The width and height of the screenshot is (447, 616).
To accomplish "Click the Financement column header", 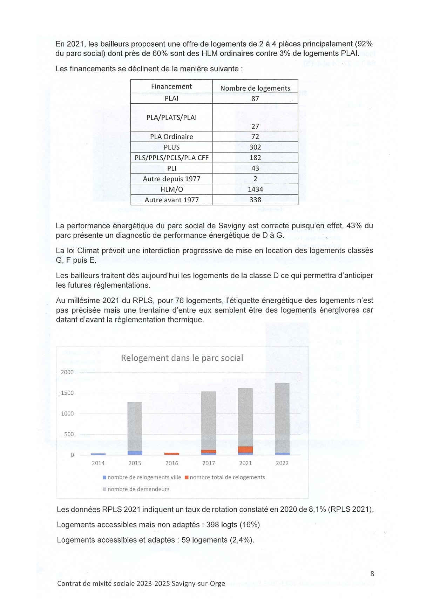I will click(171, 86).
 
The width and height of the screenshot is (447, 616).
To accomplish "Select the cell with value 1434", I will click(255, 189).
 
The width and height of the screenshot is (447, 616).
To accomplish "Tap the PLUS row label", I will click(171, 147).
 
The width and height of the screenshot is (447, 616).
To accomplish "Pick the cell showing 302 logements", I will click(255, 147).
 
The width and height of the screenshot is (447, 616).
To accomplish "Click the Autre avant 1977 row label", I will click(171, 200).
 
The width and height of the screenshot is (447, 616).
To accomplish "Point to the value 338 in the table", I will click(255, 200).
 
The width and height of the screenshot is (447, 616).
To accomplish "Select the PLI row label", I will click(171, 168).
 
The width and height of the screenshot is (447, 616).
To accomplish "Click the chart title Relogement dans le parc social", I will click(182, 358).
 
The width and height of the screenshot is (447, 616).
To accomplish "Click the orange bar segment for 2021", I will click(245, 450).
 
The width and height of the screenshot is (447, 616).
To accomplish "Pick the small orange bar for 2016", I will click(172, 454).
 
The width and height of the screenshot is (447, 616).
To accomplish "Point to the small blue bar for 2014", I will click(98, 454).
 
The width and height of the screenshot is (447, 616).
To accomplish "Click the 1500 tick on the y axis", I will click(67, 393).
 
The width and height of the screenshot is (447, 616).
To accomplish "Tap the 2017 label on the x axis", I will click(209, 463).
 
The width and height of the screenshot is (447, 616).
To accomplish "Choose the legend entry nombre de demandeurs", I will click(138, 489).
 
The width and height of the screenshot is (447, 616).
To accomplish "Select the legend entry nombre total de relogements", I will click(227, 477).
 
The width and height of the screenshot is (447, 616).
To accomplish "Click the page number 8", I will click(372, 574).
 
